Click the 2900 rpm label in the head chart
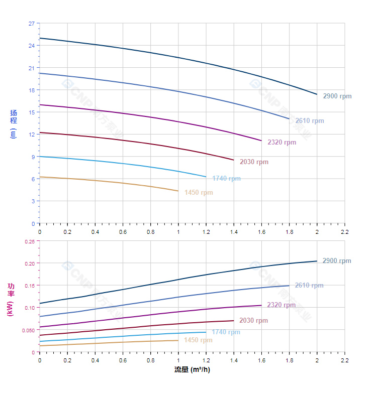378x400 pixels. pyautogui.click(x=337, y=96)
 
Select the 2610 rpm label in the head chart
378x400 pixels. pyautogui.click(x=309, y=121)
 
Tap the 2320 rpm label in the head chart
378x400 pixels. pyautogui.click(x=281, y=143)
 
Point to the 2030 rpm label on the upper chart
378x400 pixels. pyautogui.click(x=254, y=162)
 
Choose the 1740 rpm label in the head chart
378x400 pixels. pyautogui.click(x=226, y=179)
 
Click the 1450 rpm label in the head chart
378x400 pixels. pyautogui.click(x=199, y=193)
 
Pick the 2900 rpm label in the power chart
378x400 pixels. pyautogui.click(x=337, y=261)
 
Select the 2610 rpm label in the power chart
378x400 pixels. pyautogui.click(x=309, y=286)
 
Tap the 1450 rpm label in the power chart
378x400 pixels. pyautogui.click(x=199, y=340)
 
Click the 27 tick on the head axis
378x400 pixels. pyautogui.click(x=32, y=24)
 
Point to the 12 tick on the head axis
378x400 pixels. pyautogui.click(x=32, y=135)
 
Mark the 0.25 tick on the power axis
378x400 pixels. pyautogui.click(x=30, y=241)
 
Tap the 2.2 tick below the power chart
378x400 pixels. pyautogui.click(x=345, y=360)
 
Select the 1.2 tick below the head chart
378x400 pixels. pyautogui.click(x=206, y=232)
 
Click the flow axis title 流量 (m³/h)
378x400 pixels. pyautogui.click(x=192, y=370)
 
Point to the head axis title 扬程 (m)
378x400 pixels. pyautogui.click(x=14, y=123)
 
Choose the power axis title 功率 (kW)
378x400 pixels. pyautogui.click(x=11, y=299)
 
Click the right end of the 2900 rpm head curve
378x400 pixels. pyautogui.click(x=317, y=94)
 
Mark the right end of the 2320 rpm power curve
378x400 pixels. pyautogui.click(x=261, y=305)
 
